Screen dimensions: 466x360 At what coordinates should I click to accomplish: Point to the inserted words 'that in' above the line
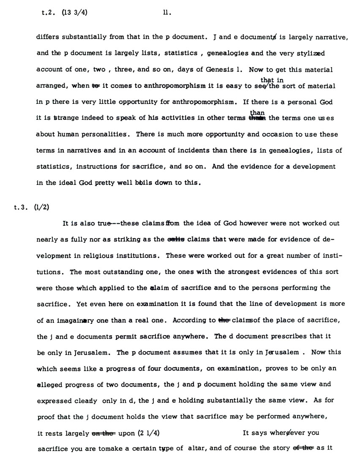click(272, 80)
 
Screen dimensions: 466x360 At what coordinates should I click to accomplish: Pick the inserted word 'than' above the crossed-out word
click(257, 112)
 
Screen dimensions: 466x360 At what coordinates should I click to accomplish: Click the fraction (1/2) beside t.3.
click(42, 206)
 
